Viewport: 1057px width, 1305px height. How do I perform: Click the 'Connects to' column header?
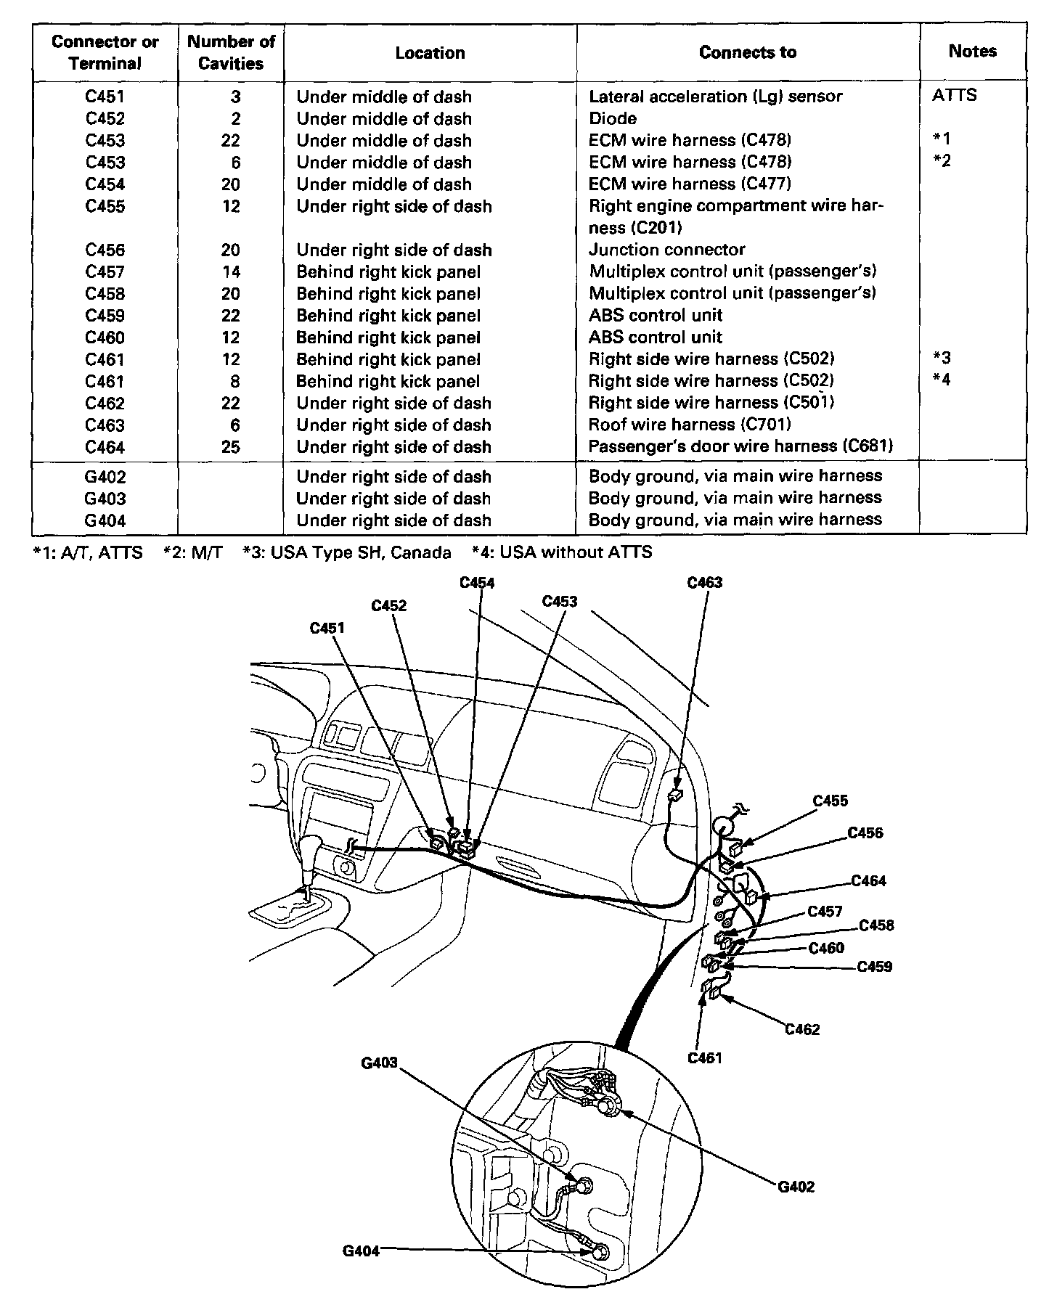point(747,52)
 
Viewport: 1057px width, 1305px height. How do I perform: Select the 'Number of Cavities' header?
point(231,52)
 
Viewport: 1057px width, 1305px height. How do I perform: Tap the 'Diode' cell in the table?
point(613,118)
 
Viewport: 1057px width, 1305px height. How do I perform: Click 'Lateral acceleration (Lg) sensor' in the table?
point(715,97)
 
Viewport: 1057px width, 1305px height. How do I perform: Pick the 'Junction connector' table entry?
point(666,250)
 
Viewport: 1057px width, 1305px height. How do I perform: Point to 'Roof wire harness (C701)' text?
point(689,425)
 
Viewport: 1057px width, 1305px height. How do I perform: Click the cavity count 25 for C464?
point(231,446)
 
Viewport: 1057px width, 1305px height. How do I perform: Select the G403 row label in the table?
point(105,499)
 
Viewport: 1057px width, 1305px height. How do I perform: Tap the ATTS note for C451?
point(954,95)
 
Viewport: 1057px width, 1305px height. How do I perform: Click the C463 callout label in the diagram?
point(704,583)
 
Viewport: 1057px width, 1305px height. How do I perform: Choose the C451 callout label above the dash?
point(327,628)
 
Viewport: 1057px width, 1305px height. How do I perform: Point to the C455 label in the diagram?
point(830,801)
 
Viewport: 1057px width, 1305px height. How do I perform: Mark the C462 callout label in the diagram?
point(802,1029)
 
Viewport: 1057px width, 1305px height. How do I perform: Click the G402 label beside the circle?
point(796,1187)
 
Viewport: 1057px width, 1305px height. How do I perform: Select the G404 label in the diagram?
point(361,1251)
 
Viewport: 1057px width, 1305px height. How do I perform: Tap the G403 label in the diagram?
point(380,1063)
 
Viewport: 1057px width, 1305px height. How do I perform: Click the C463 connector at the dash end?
point(674,795)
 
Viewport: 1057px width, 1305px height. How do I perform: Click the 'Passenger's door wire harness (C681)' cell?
point(740,446)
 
